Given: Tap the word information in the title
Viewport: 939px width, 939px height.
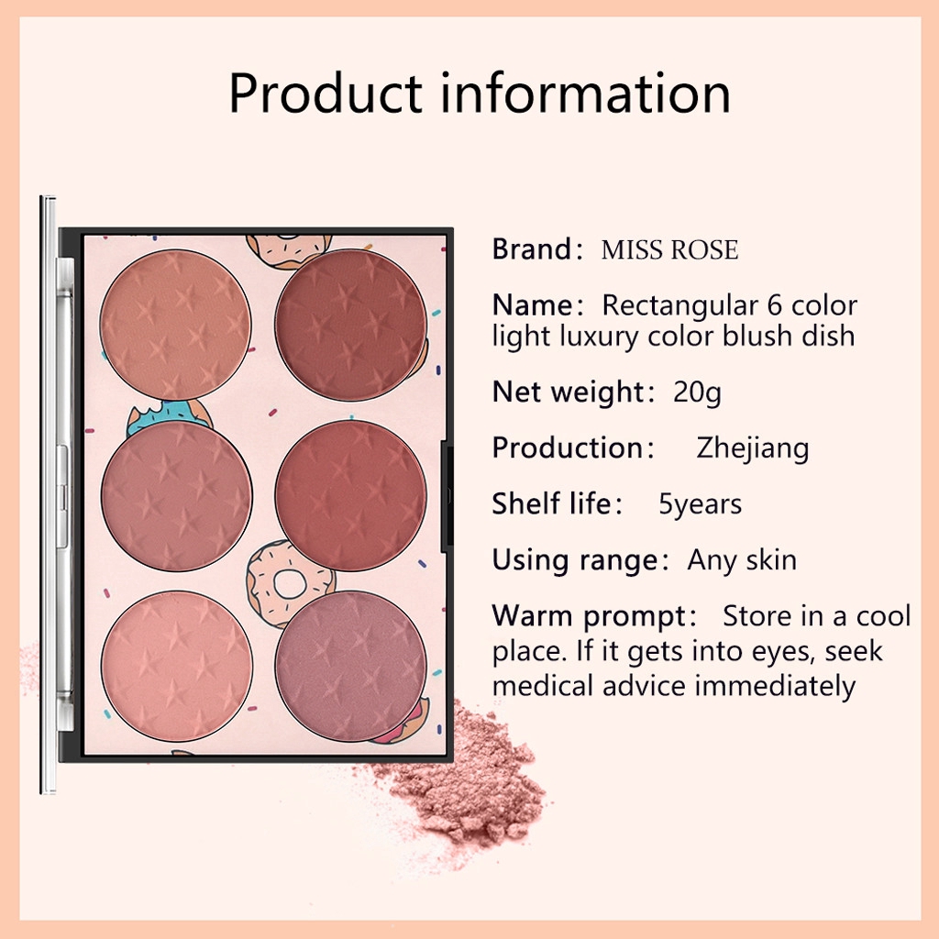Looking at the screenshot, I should click(586, 94).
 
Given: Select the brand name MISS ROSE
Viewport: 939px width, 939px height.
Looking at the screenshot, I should click(669, 250).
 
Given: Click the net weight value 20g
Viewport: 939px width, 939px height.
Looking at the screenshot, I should click(697, 392).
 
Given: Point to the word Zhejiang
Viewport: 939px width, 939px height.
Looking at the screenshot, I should click(753, 448).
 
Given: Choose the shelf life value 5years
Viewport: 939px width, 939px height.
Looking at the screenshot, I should click(701, 504).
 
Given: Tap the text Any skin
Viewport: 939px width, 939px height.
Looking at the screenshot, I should click(742, 560).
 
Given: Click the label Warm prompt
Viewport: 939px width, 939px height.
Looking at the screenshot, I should click(589, 615).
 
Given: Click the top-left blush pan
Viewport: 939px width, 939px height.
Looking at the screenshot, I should click(175, 325).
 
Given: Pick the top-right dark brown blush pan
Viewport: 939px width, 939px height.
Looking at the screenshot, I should click(351, 325).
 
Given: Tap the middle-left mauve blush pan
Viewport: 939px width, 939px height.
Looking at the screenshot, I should click(177, 496).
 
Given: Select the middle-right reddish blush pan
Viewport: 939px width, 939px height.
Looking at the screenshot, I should click(351, 496).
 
